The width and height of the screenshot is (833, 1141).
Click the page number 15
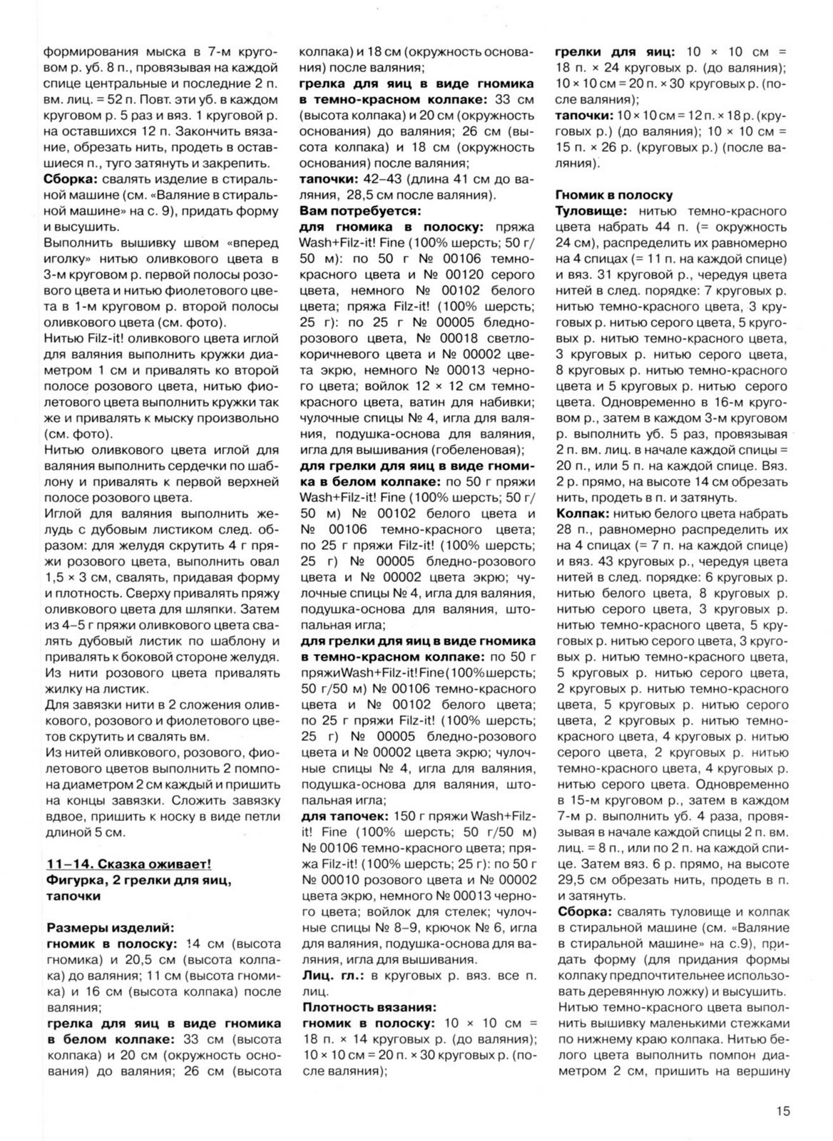tap(782, 1111)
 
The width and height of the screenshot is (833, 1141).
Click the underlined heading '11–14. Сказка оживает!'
tap(128, 864)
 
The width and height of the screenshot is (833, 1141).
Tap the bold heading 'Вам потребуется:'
tap(360, 211)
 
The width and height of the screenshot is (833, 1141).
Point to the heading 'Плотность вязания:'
tap(368, 1007)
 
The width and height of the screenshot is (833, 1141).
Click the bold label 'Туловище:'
tap(591, 211)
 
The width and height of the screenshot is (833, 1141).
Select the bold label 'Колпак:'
tap(581, 513)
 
